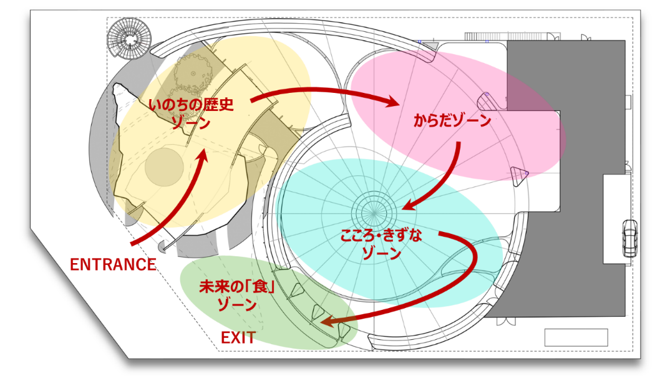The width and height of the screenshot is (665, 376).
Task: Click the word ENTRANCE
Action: pos(112,264)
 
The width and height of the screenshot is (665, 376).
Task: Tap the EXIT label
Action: pos(238,338)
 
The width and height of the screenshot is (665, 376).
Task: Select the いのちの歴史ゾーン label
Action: pos(191,112)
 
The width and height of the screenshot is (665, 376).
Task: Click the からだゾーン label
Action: pos(452,121)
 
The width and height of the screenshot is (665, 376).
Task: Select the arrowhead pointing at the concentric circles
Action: pos(409,205)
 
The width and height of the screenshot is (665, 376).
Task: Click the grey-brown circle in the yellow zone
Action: pos(163,166)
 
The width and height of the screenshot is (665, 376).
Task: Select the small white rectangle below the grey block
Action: pos(575,337)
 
